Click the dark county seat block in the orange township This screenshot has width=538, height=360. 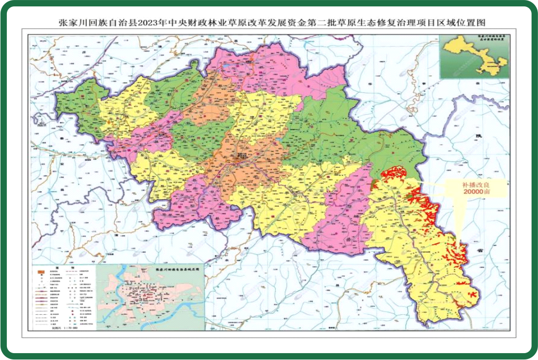pos(242,158)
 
